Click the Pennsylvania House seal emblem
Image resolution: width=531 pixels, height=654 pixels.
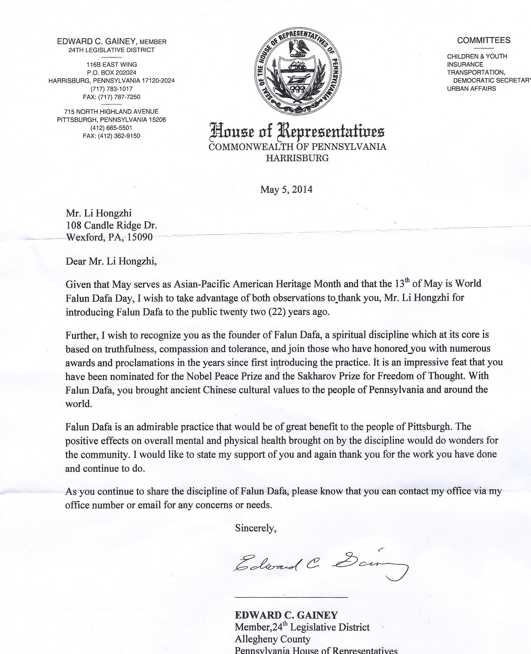click(298, 72)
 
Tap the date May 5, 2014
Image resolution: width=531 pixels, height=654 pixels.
click(286, 190)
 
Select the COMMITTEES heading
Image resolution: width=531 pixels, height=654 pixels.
click(484, 41)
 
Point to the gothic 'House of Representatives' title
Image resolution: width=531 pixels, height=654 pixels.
click(297, 131)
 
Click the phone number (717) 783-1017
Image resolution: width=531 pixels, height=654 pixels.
click(112, 89)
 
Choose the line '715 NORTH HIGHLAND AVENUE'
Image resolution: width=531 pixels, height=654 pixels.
click(111, 111)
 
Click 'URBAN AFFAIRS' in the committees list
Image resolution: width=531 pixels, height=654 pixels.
click(471, 89)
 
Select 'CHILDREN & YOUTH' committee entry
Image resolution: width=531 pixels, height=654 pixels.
click(477, 56)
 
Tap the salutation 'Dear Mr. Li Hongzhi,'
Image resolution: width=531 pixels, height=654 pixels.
click(111, 261)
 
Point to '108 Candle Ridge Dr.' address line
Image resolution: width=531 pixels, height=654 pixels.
click(112, 225)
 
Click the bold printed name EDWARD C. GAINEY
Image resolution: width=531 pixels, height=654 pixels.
click(286, 615)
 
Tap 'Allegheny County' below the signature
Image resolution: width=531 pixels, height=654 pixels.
click(273, 639)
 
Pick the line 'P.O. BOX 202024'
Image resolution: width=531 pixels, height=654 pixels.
click(111, 73)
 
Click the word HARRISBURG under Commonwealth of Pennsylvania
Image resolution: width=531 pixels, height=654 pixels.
click(297, 158)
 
